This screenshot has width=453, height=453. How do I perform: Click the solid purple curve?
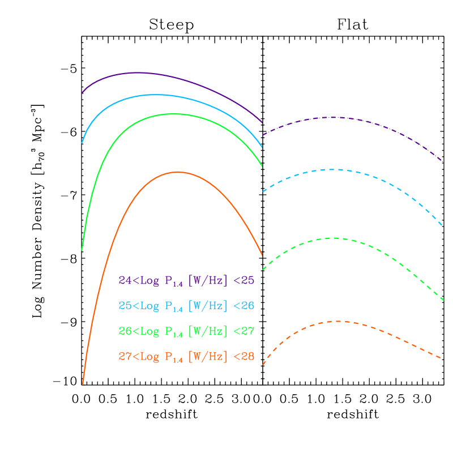(136, 72)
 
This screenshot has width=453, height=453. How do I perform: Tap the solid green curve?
(170, 114)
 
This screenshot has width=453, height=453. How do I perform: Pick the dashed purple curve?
(334, 117)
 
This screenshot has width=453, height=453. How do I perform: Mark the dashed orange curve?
(340, 321)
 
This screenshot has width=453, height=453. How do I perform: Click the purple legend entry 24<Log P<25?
(186, 280)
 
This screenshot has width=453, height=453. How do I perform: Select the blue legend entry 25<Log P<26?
(186, 306)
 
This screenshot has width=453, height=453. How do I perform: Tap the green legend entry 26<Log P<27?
(186, 331)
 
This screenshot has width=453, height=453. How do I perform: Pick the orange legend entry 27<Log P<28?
(186, 357)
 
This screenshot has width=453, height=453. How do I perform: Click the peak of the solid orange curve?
(178, 172)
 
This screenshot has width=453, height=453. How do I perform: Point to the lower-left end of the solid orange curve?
(83, 383)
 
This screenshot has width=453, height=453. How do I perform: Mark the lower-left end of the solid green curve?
(82, 250)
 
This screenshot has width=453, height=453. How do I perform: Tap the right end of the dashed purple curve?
(441, 160)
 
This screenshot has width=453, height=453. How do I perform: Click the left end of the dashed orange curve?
(263, 364)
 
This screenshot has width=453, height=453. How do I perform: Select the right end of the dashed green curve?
(443, 300)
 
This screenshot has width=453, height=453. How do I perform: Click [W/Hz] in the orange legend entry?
(207, 357)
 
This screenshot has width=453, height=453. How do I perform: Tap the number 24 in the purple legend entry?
(125, 280)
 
